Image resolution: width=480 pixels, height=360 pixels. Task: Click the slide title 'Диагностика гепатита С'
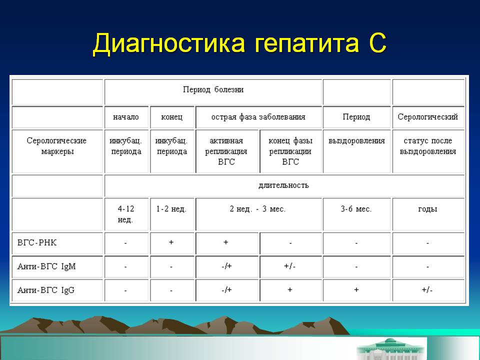click(239, 43)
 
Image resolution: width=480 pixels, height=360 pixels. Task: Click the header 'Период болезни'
click(213, 90)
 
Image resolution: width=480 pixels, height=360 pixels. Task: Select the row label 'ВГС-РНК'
click(38, 242)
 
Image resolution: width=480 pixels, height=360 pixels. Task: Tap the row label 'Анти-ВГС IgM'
click(46, 266)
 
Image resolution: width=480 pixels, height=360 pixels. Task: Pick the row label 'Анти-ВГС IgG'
click(46, 290)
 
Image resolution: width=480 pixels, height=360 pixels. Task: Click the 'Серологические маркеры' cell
click(56, 146)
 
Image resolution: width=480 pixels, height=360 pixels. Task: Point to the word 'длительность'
click(283, 185)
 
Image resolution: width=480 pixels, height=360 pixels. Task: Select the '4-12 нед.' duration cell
click(125, 214)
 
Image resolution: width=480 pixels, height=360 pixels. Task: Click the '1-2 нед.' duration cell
click(171, 209)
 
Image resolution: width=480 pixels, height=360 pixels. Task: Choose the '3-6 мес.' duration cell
click(356, 209)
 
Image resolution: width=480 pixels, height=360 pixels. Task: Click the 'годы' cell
click(427, 209)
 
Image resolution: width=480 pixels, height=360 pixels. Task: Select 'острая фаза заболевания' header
click(258, 117)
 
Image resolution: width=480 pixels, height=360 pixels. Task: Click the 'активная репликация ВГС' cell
click(226, 151)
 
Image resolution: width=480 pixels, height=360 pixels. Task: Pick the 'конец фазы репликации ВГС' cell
click(290, 151)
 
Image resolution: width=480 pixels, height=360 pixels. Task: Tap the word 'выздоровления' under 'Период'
click(356, 141)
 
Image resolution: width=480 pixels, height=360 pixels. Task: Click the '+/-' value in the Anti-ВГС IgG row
click(427, 290)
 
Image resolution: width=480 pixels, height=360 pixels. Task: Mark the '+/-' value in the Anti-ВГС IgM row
click(290, 266)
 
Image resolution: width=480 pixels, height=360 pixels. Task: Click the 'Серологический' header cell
click(427, 117)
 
